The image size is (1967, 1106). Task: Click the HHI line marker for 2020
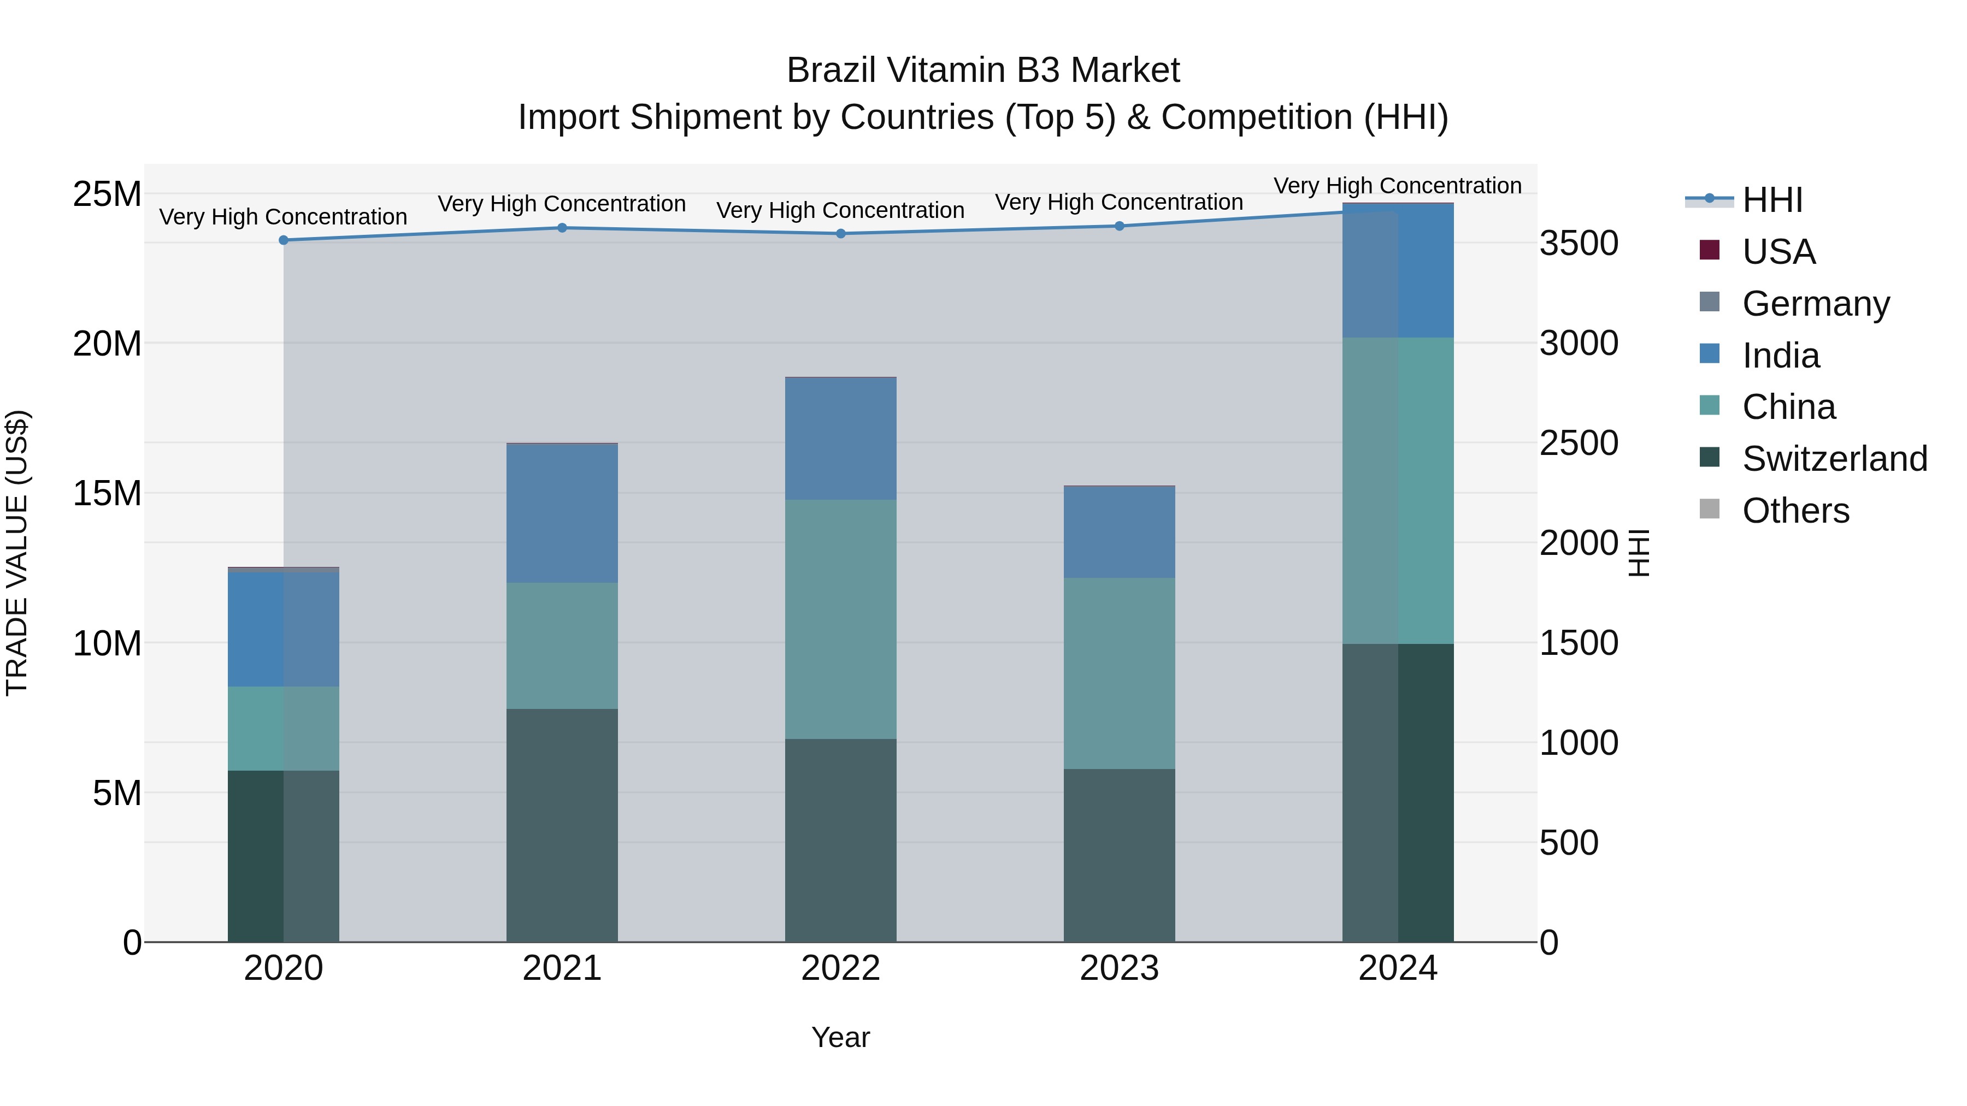pos(283,240)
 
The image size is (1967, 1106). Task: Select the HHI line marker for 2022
pos(841,234)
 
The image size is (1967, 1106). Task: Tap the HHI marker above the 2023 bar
pos(1120,226)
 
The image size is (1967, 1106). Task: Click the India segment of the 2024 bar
pos(1398,271)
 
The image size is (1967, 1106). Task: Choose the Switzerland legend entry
pos(1835,459)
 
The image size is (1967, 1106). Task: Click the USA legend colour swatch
pos(1710,250)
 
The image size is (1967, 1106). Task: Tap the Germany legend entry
pos(1816,304)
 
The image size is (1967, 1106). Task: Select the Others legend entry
pos(1795,511)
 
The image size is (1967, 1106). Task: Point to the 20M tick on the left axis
pos(107,344)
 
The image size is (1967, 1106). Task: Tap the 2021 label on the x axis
pos(562,968)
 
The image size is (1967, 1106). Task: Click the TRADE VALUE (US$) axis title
pos(17,553)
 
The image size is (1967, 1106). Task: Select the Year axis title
pos(841,1037)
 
